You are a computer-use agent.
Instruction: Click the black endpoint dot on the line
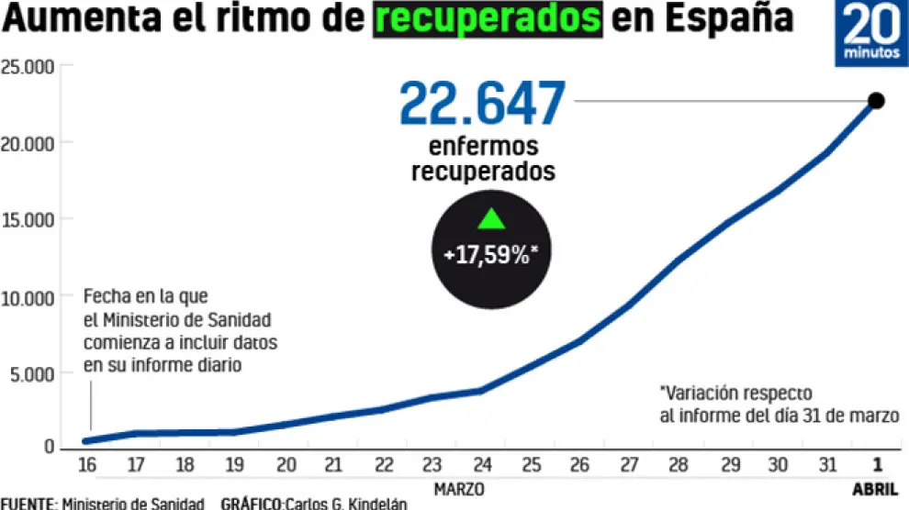coord(875,101)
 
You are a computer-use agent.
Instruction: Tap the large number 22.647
coord(482,104)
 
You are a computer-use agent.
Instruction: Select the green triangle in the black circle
coord(491,219)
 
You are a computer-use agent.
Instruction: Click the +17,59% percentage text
coord(491,254)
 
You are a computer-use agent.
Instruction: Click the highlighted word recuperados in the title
coord(488,19)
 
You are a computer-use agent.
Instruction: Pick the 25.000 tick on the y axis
coord(28,67)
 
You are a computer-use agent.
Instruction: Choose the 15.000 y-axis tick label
coord(28,219)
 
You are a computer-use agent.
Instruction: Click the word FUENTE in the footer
coord(28,504)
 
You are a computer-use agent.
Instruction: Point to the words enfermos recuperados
coord(483,159)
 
